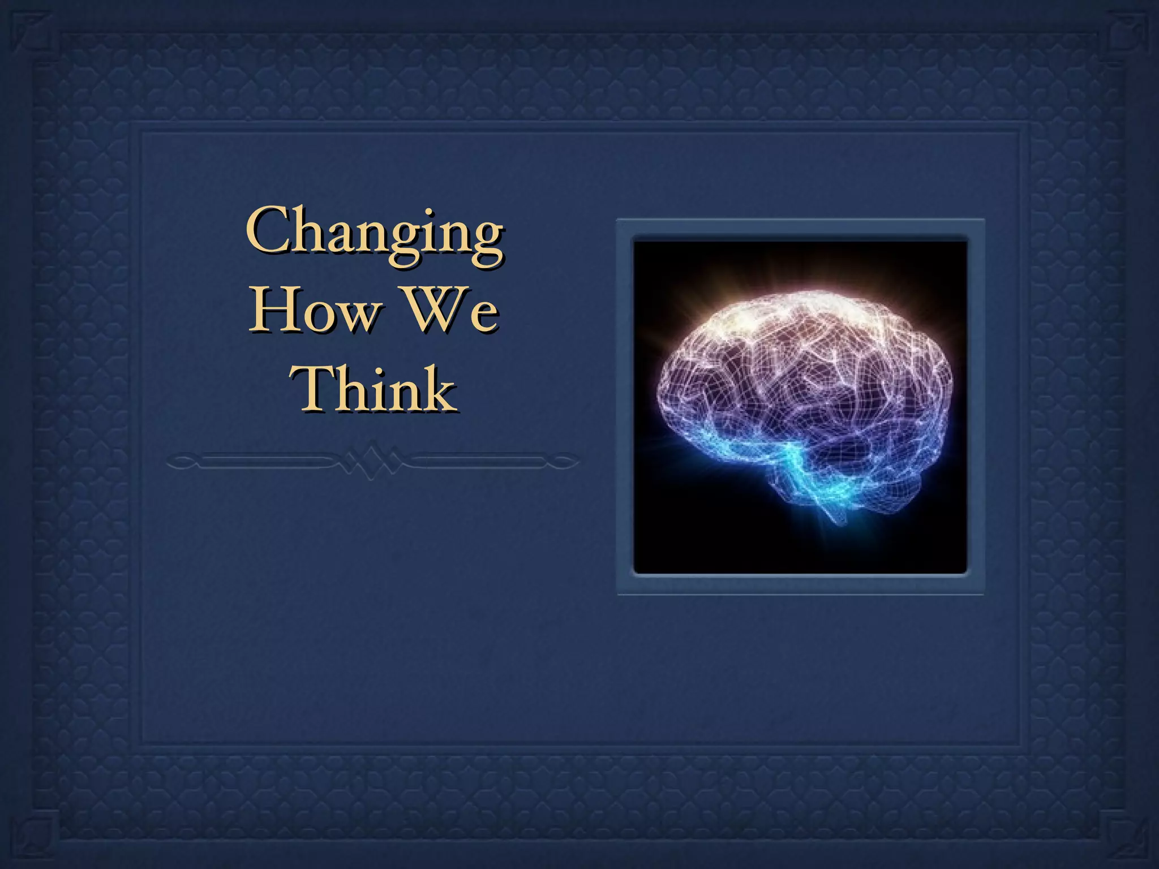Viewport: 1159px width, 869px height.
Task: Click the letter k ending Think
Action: pos(439,389)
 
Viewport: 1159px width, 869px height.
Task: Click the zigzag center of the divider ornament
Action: pos(374,459)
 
